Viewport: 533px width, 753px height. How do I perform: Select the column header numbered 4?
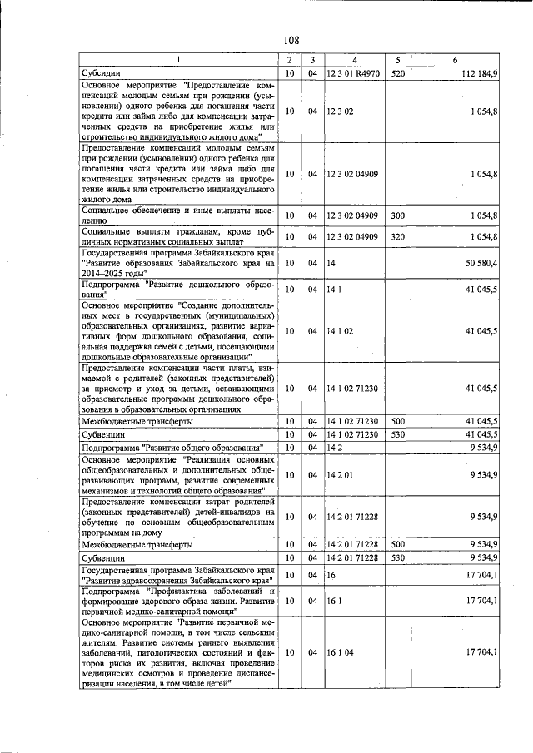tap(355, 60)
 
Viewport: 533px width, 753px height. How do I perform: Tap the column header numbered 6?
tap(454, 60)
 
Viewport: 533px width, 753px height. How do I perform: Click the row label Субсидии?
tap(102, 74)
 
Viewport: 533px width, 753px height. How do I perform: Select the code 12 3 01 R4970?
tap(354, 74)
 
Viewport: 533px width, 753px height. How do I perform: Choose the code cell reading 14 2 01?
tap(341, 475)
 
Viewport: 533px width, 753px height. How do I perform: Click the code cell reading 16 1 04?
tap(341, 653)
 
